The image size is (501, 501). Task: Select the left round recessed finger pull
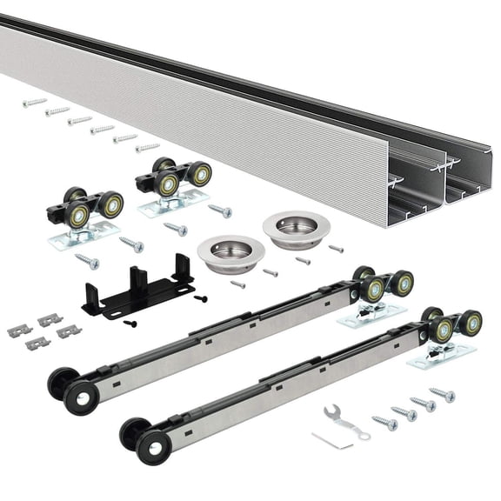tap(230, 252)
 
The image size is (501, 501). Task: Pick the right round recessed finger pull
tap(296, 229)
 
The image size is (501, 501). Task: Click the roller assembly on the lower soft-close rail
tap(449, 331)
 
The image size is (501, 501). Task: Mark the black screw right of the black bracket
tap(201, 298)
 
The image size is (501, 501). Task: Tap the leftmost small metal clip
tap(19, 331)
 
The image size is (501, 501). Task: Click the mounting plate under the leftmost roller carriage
tap(83, 235)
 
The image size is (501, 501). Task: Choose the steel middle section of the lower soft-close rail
tap(287, 383)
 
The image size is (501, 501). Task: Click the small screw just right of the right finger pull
tap(337, 249)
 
